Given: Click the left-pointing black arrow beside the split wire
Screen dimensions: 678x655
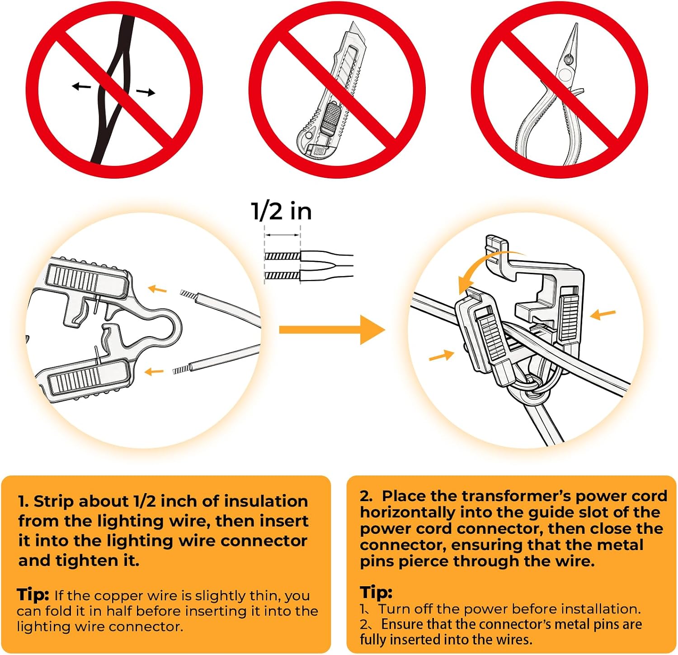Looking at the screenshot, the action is click(x=81, y=86).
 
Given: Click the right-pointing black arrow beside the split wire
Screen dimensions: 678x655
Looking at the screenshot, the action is click(x=146, y=93).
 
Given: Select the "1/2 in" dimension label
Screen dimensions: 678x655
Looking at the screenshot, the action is click(x=281, y=211).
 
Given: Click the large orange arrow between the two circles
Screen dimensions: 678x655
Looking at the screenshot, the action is click(x=332, y=330).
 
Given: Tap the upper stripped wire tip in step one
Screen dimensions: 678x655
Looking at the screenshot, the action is click(x=188, y=294).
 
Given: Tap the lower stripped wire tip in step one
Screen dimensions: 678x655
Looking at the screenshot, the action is click(x=181, y=370).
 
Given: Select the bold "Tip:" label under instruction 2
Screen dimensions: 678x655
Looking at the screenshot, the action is click(x=376, y=592).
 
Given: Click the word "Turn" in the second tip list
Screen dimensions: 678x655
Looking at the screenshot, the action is click(x=395, y=609).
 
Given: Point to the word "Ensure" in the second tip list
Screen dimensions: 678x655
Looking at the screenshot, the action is click(x=402, y=624).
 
